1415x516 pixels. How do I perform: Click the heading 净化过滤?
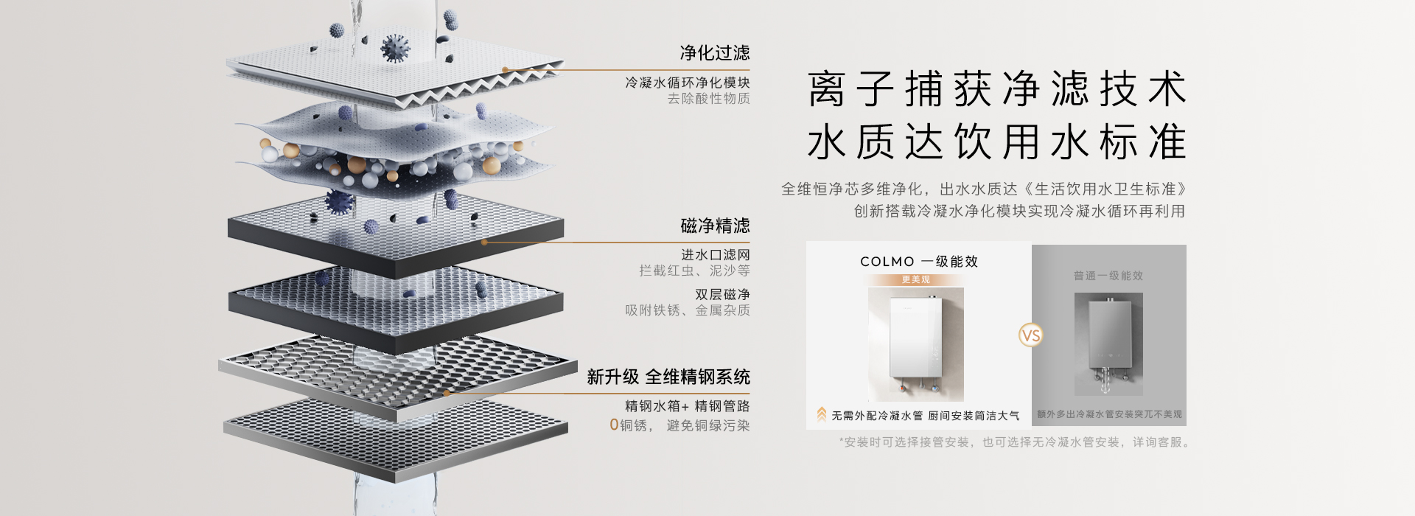coord(714,52)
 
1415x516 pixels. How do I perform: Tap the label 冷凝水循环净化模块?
coord(687,83)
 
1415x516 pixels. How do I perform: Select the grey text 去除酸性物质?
coord(708,99)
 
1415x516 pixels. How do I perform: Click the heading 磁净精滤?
coord(714,226)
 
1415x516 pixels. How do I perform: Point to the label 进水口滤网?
coord(715,255)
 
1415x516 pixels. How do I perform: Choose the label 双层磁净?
coord(722,295)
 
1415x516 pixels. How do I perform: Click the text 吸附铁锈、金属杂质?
coord(687,310)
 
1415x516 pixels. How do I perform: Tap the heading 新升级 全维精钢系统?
coord(668,377)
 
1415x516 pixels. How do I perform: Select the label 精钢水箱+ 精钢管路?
coord(687,406)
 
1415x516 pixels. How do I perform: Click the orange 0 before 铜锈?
coord(614,425)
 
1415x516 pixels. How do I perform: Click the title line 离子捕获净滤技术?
coord(996,89)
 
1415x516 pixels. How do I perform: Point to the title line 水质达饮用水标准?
coord(996,142)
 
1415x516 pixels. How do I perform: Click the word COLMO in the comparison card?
coord(887,262)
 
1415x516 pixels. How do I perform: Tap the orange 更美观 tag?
coord(915,280)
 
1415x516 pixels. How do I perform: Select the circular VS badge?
coord(1031,336)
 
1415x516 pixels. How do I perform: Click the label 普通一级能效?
coord(1108,276)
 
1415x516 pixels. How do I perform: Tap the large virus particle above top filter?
coord(396,49)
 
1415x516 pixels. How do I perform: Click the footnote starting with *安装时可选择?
coord(1014,442)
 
